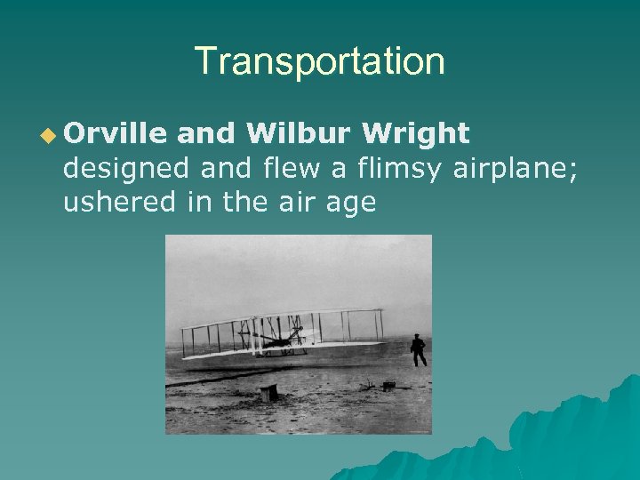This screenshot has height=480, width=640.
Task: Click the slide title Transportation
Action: tap(319, 61)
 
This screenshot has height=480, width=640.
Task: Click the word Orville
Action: tap(116, 133)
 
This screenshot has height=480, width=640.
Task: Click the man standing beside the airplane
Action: tap(417, 350)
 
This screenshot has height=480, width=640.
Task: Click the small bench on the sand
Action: tap(268, 392)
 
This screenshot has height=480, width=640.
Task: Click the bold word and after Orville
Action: tap(206, 133)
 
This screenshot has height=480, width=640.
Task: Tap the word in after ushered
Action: tap(196, 203)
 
